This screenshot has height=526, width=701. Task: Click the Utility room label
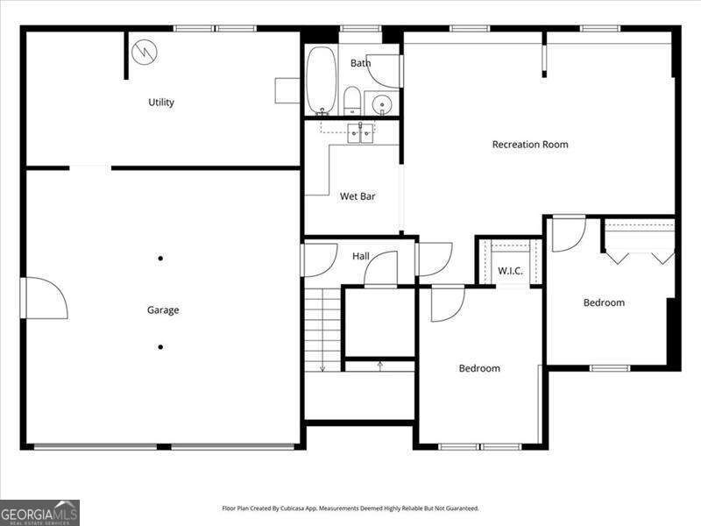161,103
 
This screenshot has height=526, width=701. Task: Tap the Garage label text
163,310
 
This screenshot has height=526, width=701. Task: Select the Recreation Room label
530,145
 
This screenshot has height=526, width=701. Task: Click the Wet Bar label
358,196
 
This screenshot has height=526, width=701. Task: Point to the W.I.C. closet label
510,271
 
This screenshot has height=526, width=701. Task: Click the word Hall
361,257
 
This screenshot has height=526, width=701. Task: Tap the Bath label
360,63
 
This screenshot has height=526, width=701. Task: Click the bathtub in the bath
322,81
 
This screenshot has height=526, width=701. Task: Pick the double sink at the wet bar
360,133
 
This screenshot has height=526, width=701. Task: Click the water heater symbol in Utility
145,52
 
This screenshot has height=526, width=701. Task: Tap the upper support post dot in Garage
160,258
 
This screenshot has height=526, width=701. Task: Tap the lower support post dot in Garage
160,347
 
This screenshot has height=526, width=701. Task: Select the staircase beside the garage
322,330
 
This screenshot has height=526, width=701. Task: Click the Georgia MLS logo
39,512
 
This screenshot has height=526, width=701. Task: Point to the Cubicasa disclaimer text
350,508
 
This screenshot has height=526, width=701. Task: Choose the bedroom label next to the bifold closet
605,302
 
